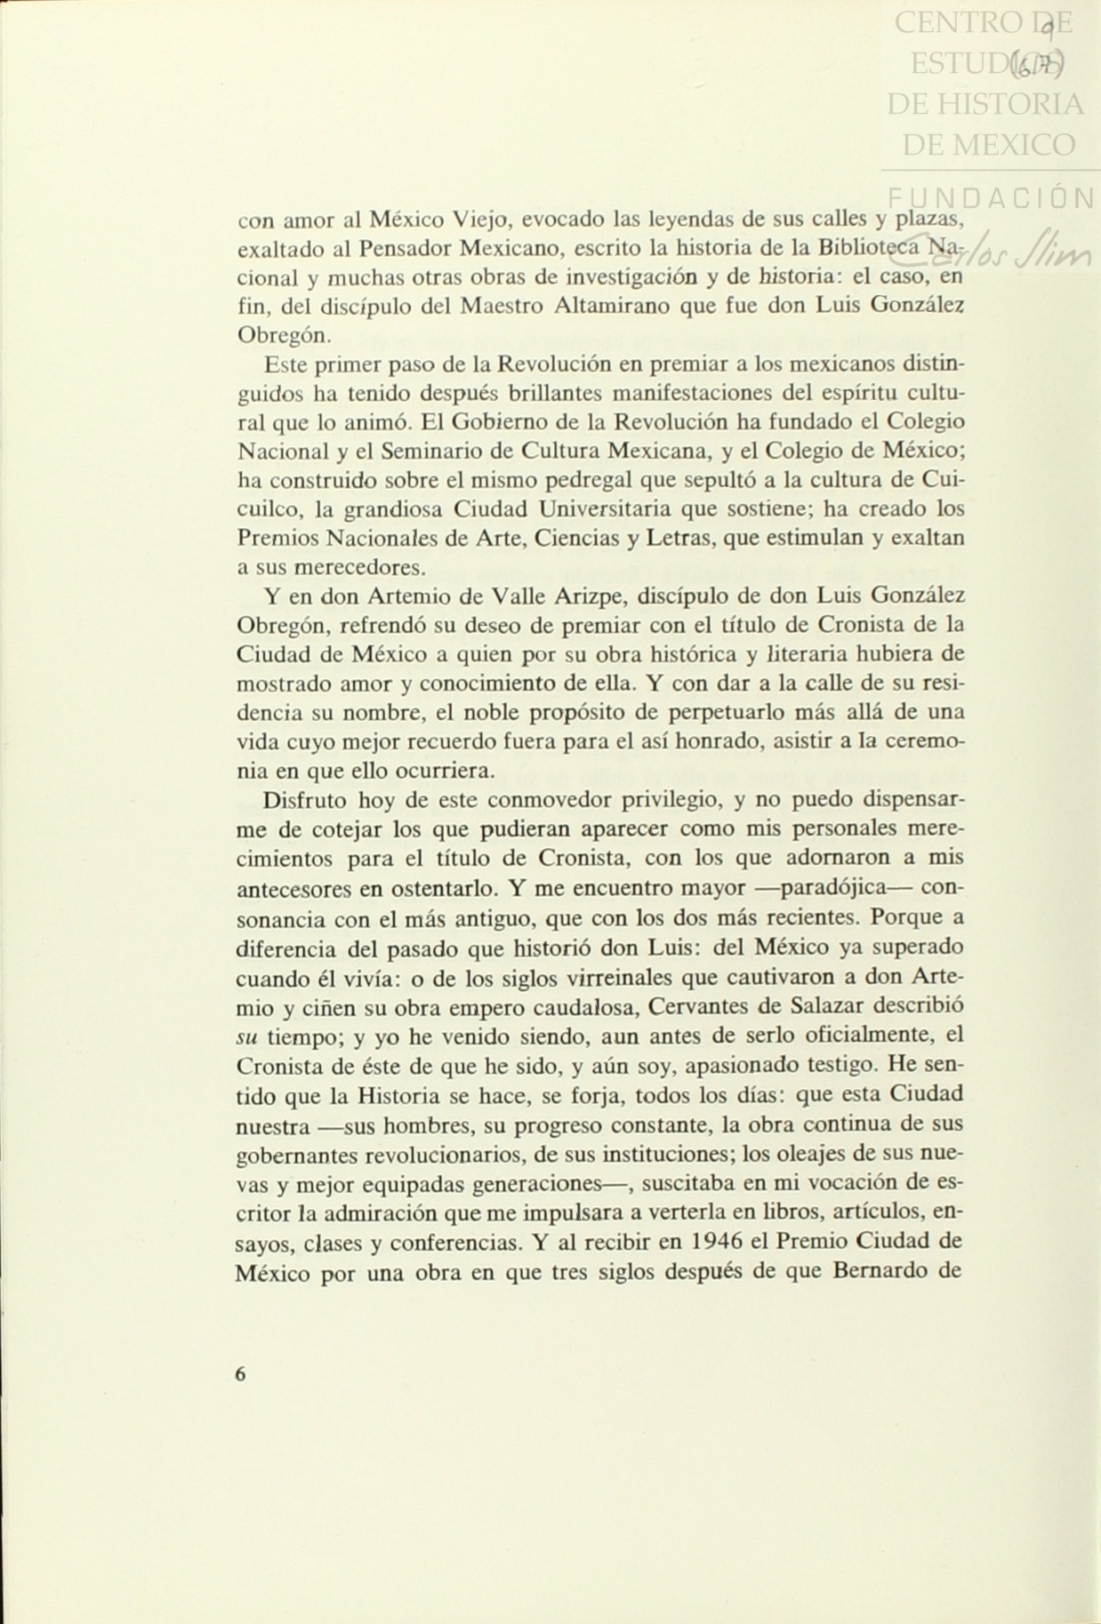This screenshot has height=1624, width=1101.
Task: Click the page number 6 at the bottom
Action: pos(241,1373)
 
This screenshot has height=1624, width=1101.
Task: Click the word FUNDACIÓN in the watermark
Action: pos(990,198)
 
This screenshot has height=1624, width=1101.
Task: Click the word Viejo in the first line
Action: pos(482,219)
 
